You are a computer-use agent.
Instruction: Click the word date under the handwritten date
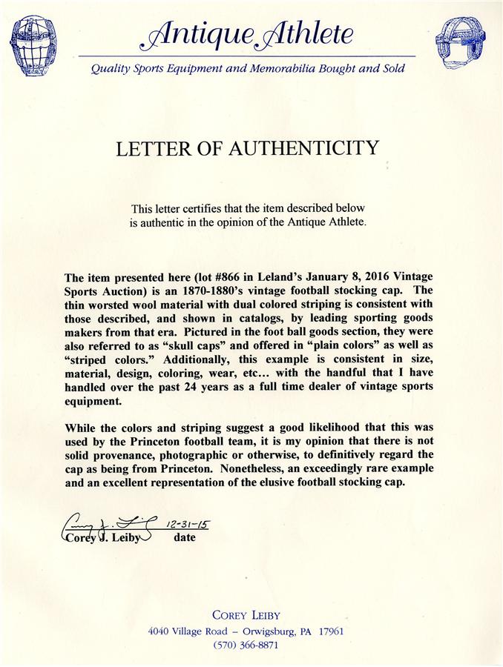coord(185,537)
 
